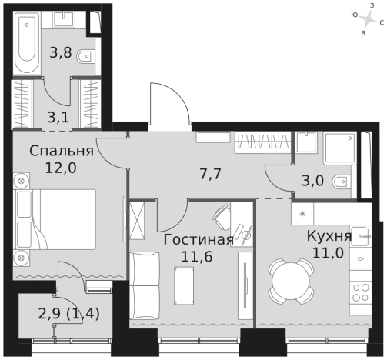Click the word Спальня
pos(62,150)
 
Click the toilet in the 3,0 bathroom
pos(339,183)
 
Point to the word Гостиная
pos(199,239)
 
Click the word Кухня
pos(329,235)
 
